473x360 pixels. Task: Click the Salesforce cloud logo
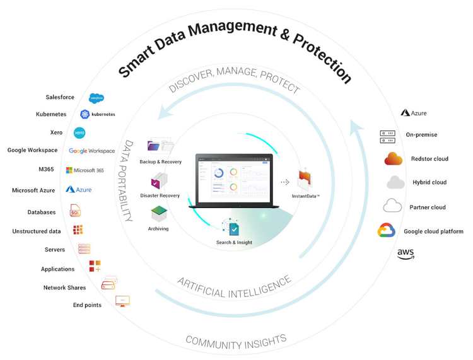pos(96,98)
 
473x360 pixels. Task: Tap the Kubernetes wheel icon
pos(85,114)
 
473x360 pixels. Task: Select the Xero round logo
pos(79,133)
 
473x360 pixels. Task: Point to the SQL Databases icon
pos(75,211)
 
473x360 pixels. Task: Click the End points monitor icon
pos(122,301)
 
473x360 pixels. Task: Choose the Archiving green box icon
pos(158,214)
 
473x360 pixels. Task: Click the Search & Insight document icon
pos(233,228)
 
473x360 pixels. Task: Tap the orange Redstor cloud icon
pos(394,159)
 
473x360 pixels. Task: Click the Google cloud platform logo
pos(386,231)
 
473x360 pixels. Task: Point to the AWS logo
pos(406,254)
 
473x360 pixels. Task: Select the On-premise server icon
pos(387,135)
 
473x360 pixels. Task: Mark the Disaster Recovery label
pos(160,195)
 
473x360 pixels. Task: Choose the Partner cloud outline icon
pos(392,206)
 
